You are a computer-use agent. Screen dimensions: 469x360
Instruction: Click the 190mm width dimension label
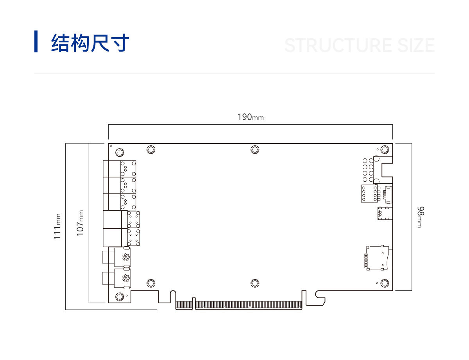pyautogui.click(x=251, y=117)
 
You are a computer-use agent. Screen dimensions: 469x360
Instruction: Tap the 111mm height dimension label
pyautogui.click(x=57, y=226)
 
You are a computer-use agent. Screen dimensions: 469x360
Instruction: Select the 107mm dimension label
pyautogui.click(x=80, y=223)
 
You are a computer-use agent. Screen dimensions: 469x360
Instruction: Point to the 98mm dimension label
pyautogui.click(x=421, y=217)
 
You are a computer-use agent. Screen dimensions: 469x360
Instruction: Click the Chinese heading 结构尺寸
pyautogui.click(x=90, y=43)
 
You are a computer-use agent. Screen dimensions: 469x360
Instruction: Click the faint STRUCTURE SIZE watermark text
pyautogui.click(x=359, y=45)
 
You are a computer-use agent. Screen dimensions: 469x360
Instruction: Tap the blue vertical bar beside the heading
pyautogui.click(x=36, y=41)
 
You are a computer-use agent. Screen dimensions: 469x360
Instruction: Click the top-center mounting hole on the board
pyautogui.click(x=255, y=150)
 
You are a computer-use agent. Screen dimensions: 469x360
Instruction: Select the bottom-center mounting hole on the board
pyautogui.click(x=255, y=283)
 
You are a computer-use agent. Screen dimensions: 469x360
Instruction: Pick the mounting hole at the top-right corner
pyautogui.click(x=385, y=150)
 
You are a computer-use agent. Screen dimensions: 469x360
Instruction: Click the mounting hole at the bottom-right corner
pyautogui.click(x=385, y=283)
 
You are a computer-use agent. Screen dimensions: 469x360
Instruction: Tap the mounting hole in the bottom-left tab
pyautogui.click(x=120, y=297)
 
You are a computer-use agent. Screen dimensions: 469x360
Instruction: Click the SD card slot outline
pyautogui.click(x=378, y=258)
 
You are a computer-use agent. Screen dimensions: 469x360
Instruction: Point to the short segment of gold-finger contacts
pyautogui.click(x=184, y=305)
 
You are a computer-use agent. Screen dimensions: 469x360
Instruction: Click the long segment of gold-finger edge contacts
pyautogui.click(x=249, y=305)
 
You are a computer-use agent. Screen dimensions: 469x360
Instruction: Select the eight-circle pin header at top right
pyautogui.click(x=368, y=170)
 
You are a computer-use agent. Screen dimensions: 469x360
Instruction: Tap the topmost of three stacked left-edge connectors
pyautogui.click(x=120, y=168)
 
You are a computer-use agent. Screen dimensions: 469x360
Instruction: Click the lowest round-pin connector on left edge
pyautogui.click(x=117, y=278)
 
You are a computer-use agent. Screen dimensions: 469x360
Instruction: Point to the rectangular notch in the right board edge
pyautogui.click(x=387, y=170)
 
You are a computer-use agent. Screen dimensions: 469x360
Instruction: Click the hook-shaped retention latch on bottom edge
pyautogui.click(x=320, y=298)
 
